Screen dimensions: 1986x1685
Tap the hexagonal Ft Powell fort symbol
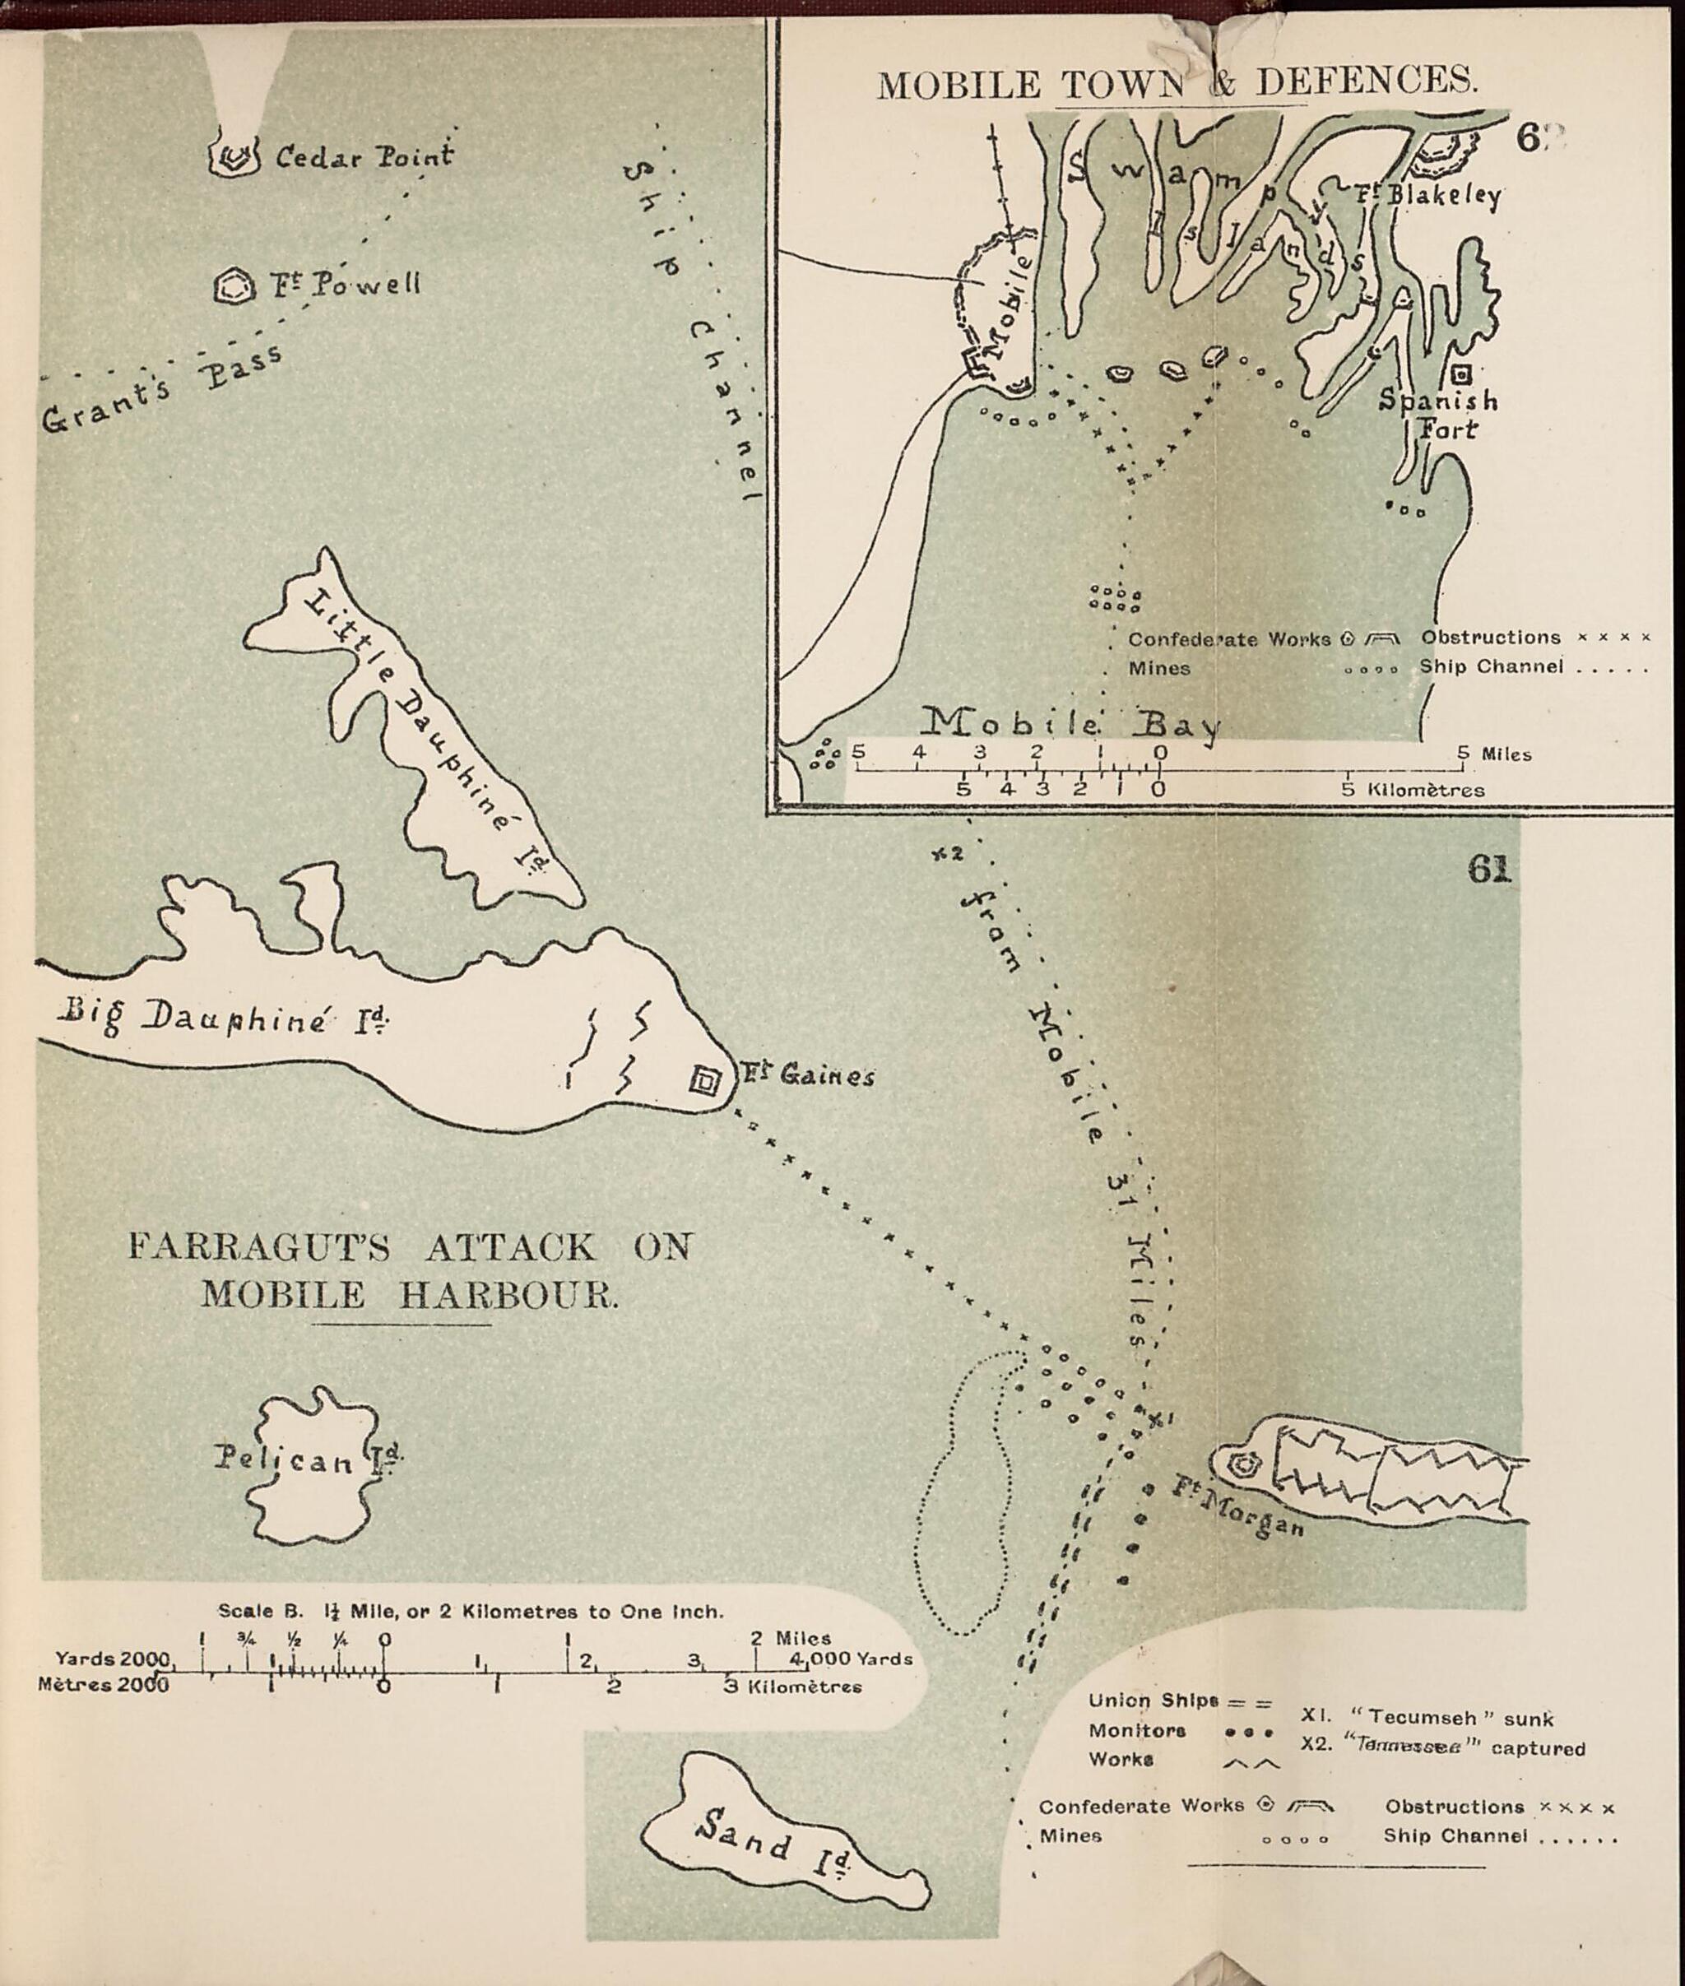pos(234,285)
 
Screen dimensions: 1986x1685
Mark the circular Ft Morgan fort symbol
pos(1242,1464)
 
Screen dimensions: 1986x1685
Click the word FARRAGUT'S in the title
pos(260,1246)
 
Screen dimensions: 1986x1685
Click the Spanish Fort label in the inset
pos(1438,414)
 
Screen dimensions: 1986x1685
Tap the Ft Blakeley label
pos(1427,195)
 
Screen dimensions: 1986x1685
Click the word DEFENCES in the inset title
pos(1366,82)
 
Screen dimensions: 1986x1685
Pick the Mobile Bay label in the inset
pos(1070,723)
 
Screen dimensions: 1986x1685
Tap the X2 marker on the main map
pos(948,853)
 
